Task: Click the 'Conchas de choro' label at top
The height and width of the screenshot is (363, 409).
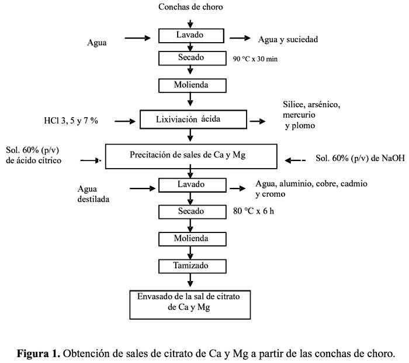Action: point(190,7)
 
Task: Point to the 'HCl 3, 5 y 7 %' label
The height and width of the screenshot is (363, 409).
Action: point(71,121)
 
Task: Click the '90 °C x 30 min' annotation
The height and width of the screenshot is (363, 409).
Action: point(255,59)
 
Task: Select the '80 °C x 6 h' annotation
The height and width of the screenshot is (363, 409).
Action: point(253,211)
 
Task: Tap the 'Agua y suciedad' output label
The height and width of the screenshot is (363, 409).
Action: point(288,39)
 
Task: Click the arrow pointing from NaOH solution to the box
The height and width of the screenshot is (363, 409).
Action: point(295,160)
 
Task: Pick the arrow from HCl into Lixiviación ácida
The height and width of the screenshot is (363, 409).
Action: point(125,121)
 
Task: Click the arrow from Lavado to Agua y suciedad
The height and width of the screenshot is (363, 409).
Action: point(240,38)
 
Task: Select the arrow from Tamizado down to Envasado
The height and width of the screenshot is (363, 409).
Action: point(190,280)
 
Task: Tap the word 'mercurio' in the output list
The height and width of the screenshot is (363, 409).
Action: point(299,115)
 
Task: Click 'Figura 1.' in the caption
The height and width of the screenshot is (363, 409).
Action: point(39,354)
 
